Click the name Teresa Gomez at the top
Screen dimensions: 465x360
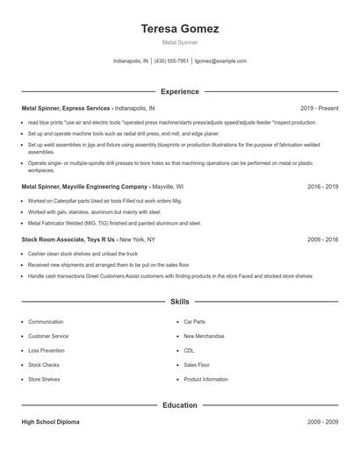[180, 28]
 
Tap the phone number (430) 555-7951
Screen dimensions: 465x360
[172, 61]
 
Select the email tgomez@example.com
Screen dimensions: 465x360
[220, 61]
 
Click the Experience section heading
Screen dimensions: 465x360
[180, 91]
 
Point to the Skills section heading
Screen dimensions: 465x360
[180, 301]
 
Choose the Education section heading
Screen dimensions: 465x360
[180, 405]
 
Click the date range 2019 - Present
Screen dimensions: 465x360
[319, 108]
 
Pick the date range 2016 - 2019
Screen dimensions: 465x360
[322, 187]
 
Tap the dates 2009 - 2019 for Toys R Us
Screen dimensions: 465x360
[322, 239]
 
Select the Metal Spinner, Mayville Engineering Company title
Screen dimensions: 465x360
[85, 187]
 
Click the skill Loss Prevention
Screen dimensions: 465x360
[47, 350]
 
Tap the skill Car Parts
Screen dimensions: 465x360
[194, 322]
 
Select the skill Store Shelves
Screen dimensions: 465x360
[44, 379]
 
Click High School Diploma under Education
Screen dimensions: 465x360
[50, 422]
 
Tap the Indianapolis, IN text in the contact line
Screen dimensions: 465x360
[132, 61]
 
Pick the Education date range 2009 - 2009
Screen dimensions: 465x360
[322, 422]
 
